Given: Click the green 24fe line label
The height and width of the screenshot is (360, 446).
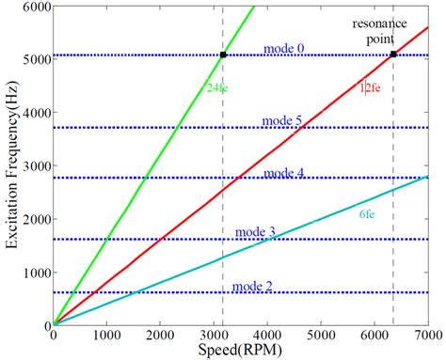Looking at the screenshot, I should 218,87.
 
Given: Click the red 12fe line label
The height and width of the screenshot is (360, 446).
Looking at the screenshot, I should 369,87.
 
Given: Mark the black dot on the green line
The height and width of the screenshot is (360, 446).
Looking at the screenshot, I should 223,55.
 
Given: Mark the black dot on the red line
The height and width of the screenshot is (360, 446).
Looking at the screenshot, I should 392,55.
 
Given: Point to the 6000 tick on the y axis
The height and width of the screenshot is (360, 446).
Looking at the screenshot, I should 33,7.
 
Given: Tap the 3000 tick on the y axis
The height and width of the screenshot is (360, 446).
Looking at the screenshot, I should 33,165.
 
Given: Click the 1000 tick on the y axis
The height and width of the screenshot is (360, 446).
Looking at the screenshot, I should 33,272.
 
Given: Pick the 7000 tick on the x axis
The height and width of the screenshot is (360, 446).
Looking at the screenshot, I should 428,334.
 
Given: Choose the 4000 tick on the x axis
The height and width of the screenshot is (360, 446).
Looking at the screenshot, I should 268,334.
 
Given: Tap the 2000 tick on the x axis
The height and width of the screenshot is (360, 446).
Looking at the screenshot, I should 161,334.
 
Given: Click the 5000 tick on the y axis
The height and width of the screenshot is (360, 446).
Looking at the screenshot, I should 33,59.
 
